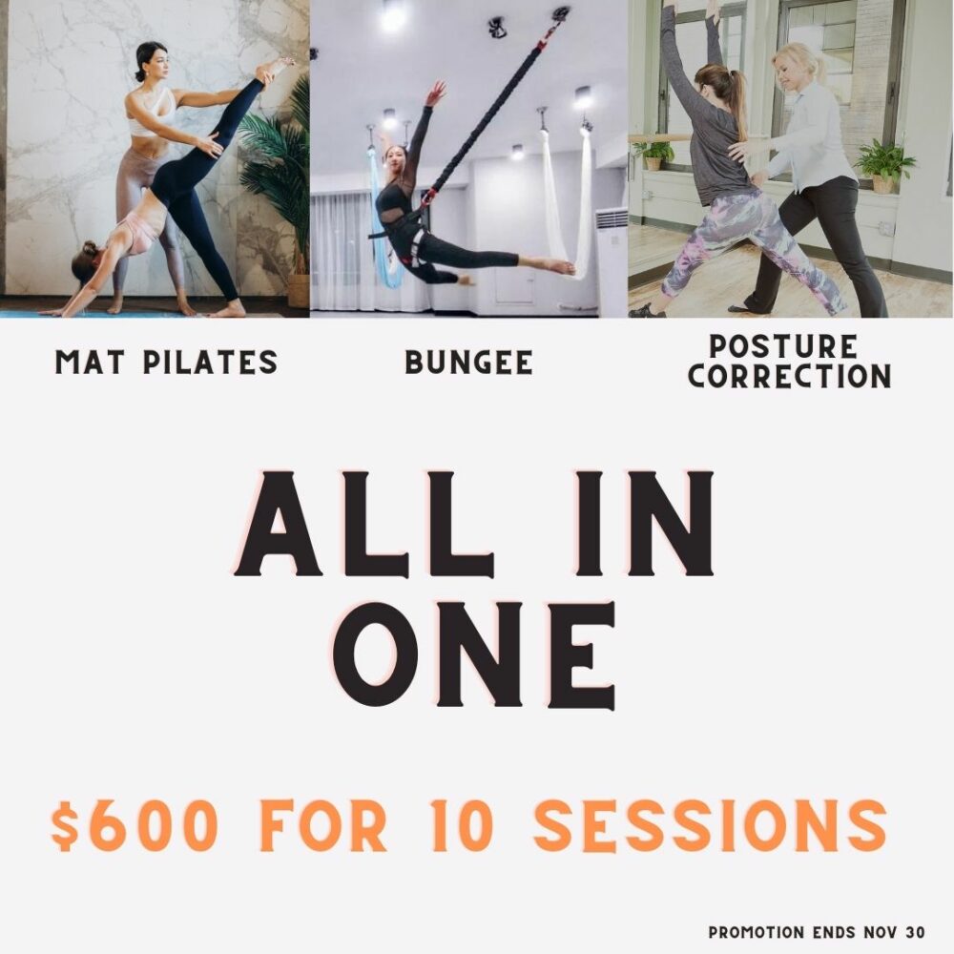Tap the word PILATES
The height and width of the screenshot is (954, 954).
[211, 362]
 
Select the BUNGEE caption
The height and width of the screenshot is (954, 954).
[469, 362]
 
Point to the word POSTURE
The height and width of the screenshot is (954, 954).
[783, 347]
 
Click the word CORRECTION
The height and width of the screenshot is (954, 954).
[790, 376]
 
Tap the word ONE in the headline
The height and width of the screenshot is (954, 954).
[474, 656]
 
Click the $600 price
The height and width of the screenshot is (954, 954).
[135, 825]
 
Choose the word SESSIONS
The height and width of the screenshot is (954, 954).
[710, 825]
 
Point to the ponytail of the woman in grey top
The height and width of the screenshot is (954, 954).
[736, 96]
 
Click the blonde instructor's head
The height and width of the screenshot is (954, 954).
[796, 66]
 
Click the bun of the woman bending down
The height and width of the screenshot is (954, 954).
[88, 248]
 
